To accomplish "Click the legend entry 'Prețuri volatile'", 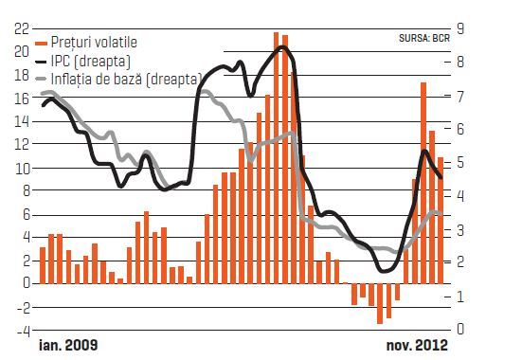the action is tap(94, 43).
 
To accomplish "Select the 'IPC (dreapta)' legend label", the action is tap(91, 62).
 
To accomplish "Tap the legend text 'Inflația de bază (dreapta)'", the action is tap(127, 80).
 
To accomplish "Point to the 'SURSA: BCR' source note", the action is tap(424, 38).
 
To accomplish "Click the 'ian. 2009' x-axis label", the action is tap(68, 345).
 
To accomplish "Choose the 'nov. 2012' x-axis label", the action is tap(417, 346).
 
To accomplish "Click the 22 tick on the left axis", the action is tap(22, 29).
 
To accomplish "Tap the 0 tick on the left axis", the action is tap(27, 283).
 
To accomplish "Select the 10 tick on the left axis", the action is tap(22, 169).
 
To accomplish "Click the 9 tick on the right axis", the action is tap(460, 28).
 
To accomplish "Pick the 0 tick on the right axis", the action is tap(460, 329).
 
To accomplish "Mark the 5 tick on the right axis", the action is tap(460, 163).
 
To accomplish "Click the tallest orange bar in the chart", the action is tap(276, 158).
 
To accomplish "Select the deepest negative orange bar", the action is tap(380, 303).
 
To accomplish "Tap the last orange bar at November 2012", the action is tap(441, 221).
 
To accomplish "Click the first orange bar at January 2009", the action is tap(43, 265).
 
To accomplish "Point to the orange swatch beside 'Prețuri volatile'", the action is tap(42, 43).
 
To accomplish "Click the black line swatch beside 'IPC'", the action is tap(42, 62).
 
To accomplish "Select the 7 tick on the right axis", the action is tap(460, 97).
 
